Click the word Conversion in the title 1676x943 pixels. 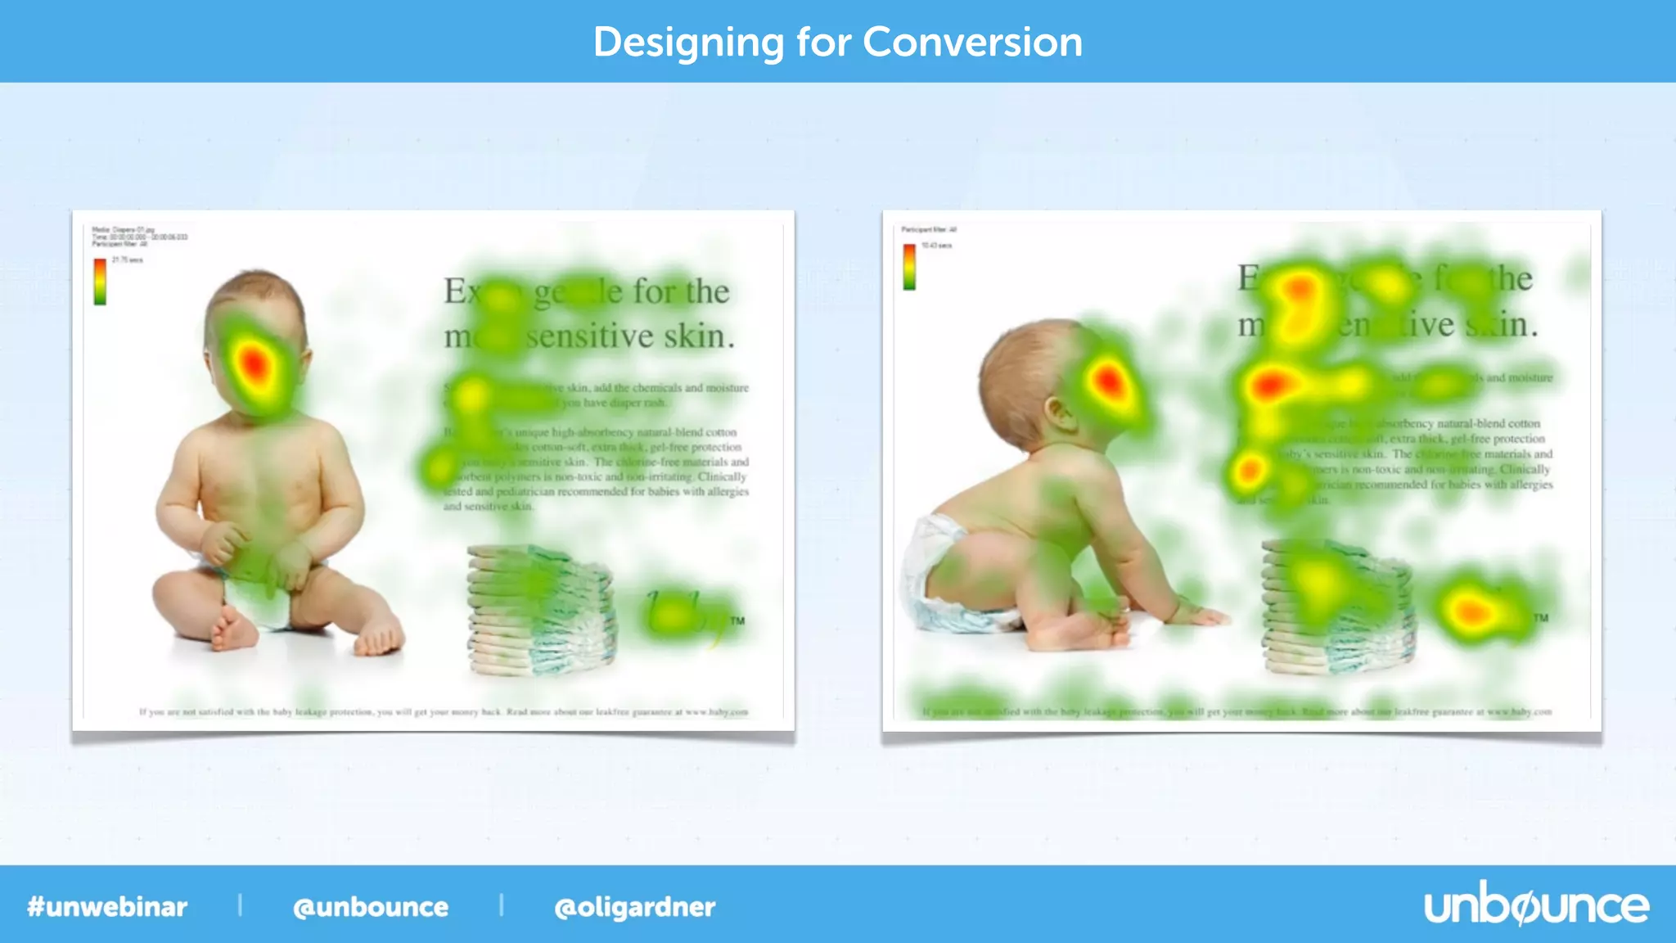tap(972, 42)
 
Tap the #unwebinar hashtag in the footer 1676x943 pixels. tap(107, 907)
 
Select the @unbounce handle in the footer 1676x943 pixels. tap(371, 907)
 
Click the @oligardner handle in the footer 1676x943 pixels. tap(634, 907)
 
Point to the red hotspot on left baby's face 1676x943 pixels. tap(254, 363)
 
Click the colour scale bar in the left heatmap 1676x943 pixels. tap(100, 282)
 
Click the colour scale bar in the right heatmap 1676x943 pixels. tap(909, 267)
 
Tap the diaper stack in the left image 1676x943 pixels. tap(540, 610)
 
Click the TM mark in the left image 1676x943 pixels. tap(737, 621)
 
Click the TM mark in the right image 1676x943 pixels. tap(1541, 618)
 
